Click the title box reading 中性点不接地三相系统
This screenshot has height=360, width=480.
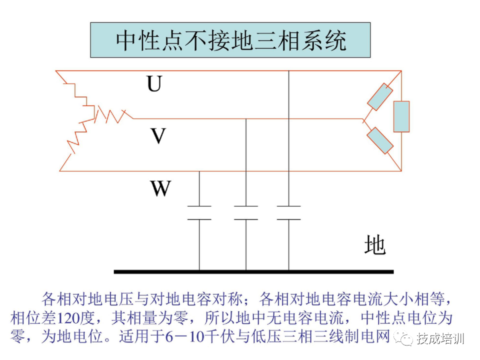pyautogui.click(x=230, y=40)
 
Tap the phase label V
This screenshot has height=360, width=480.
pyautogui.click(x=157, y=135)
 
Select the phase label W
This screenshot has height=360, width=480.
pyautogui.click(x=160, y=188)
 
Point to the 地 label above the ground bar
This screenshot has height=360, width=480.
pyautogui.click(x=374, y=244)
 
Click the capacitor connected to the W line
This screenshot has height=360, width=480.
pyautogui.click(x=199, y=212)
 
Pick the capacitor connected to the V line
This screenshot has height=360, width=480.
pyautogui.click(x=246, y=212)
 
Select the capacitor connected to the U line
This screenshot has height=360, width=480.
pyautogui.click(x=288, y=212)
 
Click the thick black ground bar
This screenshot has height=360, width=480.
pyautogui.click(x=253, y=272)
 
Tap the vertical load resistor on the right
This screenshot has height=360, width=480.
pyautogui.click(x=401, y=116)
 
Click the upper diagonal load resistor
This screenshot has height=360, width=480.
pyautogui.click(x=380, y=96)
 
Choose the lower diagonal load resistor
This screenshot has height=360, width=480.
pyautogui.click(x=380, y=140)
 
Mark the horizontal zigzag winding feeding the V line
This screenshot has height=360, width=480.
pyautogui.click(x=113, y=115)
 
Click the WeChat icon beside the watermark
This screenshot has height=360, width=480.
pyautogui.click(x=403, y=338)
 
